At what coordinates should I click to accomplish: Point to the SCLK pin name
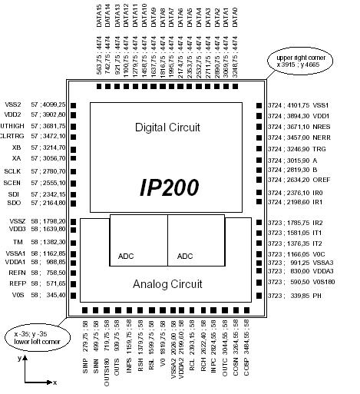point(12,170)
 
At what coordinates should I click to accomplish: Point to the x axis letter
point(55,382)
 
